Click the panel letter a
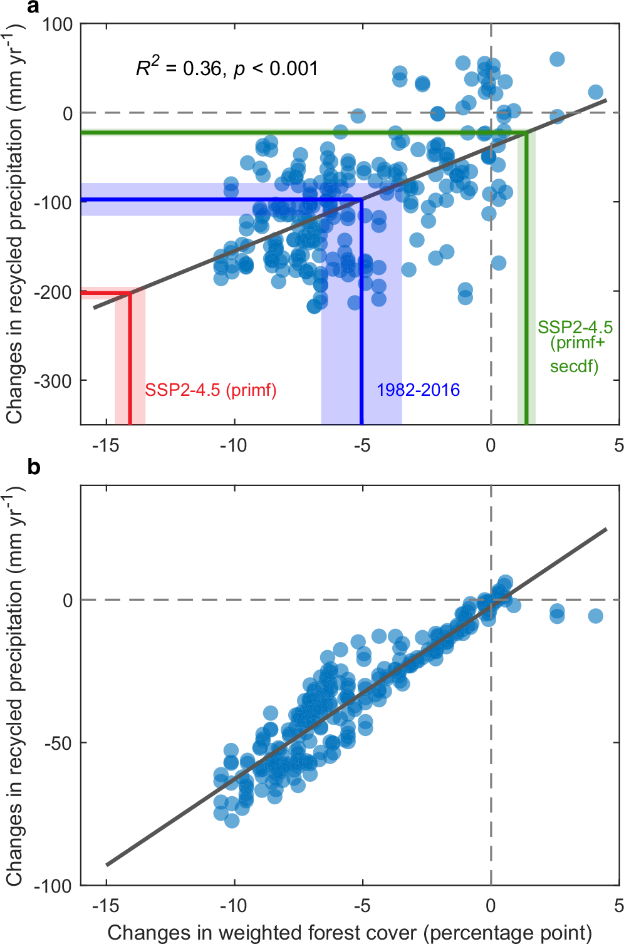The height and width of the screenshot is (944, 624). [33, 7]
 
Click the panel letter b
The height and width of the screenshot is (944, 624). [34, 467]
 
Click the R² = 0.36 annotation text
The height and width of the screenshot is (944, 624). [226, 67]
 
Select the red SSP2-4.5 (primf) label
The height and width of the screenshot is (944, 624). [211, 390]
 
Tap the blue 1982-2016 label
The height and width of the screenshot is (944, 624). [418, 390]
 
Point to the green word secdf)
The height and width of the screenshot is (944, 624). [574, 366]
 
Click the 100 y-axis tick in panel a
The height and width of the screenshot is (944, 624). [58, 25]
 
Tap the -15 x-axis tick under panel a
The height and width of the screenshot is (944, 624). [105, 445]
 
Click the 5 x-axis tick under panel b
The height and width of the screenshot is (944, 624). [618, 906]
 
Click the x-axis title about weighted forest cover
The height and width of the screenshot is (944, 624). [350, 933]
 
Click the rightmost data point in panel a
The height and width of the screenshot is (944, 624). [596, 92]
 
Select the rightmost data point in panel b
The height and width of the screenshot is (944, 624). [596, 616]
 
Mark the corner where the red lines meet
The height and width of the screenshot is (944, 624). [130, 293]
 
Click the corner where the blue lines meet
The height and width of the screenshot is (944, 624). [361, 200]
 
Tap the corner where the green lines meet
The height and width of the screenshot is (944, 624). [526, 133]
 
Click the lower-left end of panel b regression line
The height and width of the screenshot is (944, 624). [107, 865]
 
